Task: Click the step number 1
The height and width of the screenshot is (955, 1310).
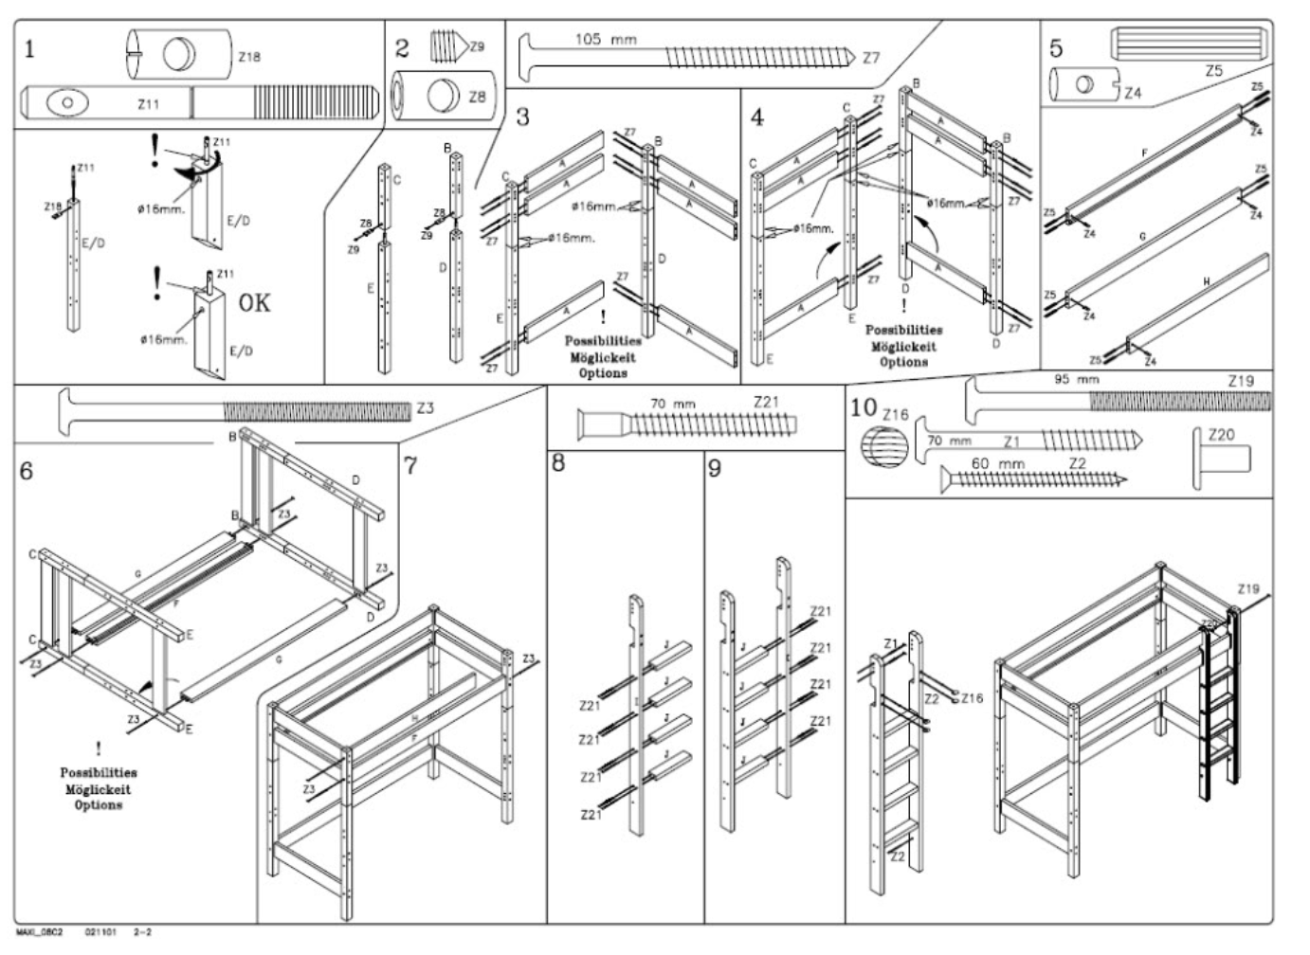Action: point(29,48)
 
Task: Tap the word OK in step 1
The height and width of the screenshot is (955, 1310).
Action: point(253,303)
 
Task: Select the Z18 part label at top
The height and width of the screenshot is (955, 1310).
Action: point(249,57)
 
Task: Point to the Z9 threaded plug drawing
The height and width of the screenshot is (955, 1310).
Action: point(446,45)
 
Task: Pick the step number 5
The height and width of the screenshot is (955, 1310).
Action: point(1057,48)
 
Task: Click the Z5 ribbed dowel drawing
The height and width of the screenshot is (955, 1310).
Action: point(1188,44)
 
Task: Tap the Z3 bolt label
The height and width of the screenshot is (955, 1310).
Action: point(425,409)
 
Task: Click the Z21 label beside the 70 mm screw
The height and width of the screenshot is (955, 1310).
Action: point(767,403)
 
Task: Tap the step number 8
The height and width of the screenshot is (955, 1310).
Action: point(559,465)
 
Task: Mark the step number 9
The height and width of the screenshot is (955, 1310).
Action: point(716,469)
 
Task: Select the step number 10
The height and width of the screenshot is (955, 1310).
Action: point(863,408)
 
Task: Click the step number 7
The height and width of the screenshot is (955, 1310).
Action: point(410,466)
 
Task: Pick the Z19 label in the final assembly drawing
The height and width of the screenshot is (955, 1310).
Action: point(1248,589)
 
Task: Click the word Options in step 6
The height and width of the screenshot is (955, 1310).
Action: point(99,805)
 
